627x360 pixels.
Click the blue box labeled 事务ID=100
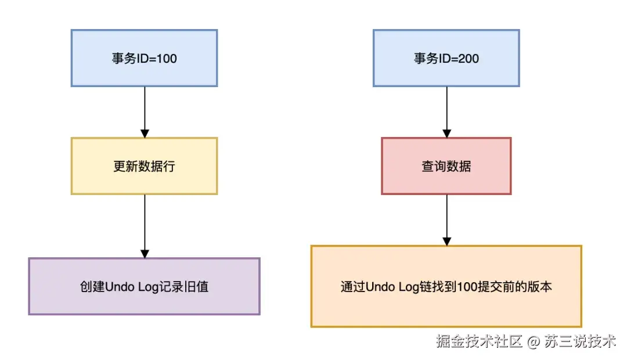coord(144,58)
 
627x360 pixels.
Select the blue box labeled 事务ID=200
coord(446,58)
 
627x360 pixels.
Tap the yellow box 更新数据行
coord(144,166)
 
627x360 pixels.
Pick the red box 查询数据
coord(446,166)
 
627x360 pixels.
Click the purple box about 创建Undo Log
coord(144,286)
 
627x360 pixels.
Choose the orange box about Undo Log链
coord(446,286)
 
